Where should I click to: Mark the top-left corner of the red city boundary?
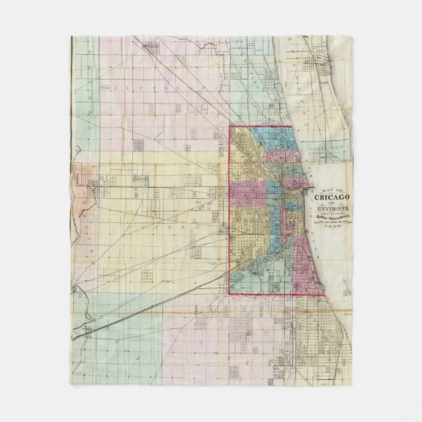point(230,127)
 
